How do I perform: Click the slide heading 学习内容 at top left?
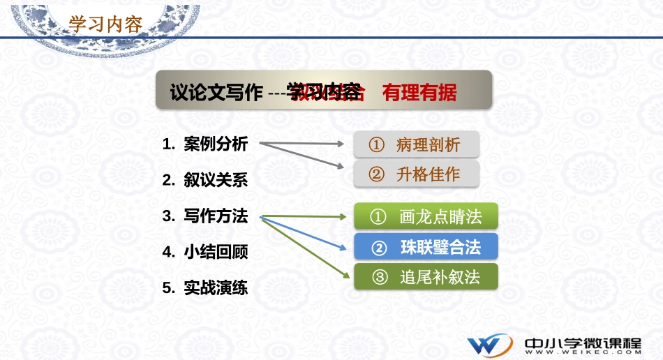coord(105,24)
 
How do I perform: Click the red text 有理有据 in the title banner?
coord(419,93)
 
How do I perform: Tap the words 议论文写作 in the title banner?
coord(216,93)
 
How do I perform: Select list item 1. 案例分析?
coord(205,144)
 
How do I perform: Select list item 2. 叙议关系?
coord(205,180)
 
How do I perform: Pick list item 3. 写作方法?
coord(205,216)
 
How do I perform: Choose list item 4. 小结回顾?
coord(205,252)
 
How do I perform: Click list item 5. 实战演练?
coord(205,287)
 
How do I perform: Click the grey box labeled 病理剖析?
coord(417,145)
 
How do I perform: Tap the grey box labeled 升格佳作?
coord(417,174)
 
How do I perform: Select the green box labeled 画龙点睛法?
coord(426,217)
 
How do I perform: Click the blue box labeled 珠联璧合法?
coord(426,247)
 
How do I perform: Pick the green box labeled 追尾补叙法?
coord(426,277)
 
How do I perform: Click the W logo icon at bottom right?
coord(491,345)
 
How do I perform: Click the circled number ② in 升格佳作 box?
coord(377,174)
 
